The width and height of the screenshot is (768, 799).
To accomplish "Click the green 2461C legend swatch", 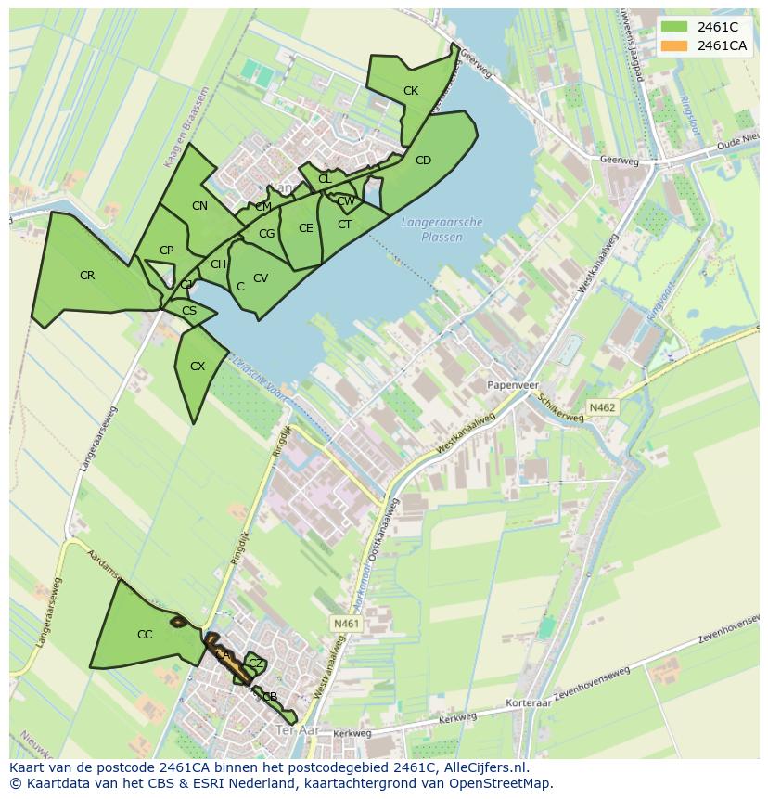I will pos(674,27).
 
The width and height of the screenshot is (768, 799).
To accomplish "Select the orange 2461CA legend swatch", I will pos(674,45).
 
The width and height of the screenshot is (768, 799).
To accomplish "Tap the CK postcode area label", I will pos(411,91).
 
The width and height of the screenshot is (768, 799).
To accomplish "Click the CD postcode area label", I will pos(423,161).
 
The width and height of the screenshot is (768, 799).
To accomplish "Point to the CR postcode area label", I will pos(87,276).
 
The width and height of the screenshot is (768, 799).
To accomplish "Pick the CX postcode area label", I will pos(197,367).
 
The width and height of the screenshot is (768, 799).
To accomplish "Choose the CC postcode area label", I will pos(145,635).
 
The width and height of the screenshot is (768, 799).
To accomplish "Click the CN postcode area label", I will pos(199,206).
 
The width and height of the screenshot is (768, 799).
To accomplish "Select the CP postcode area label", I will pos(166,251).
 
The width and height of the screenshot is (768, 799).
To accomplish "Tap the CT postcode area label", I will pos(344,225).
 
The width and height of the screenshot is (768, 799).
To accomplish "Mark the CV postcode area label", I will pos(261,278).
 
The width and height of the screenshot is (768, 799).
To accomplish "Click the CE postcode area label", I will pos(305,228).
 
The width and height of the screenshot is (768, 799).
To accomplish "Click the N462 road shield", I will pos(602,407).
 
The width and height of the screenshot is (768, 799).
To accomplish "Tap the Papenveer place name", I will pos(513,383).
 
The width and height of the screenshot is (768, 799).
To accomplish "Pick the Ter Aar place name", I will pos(298,732).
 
